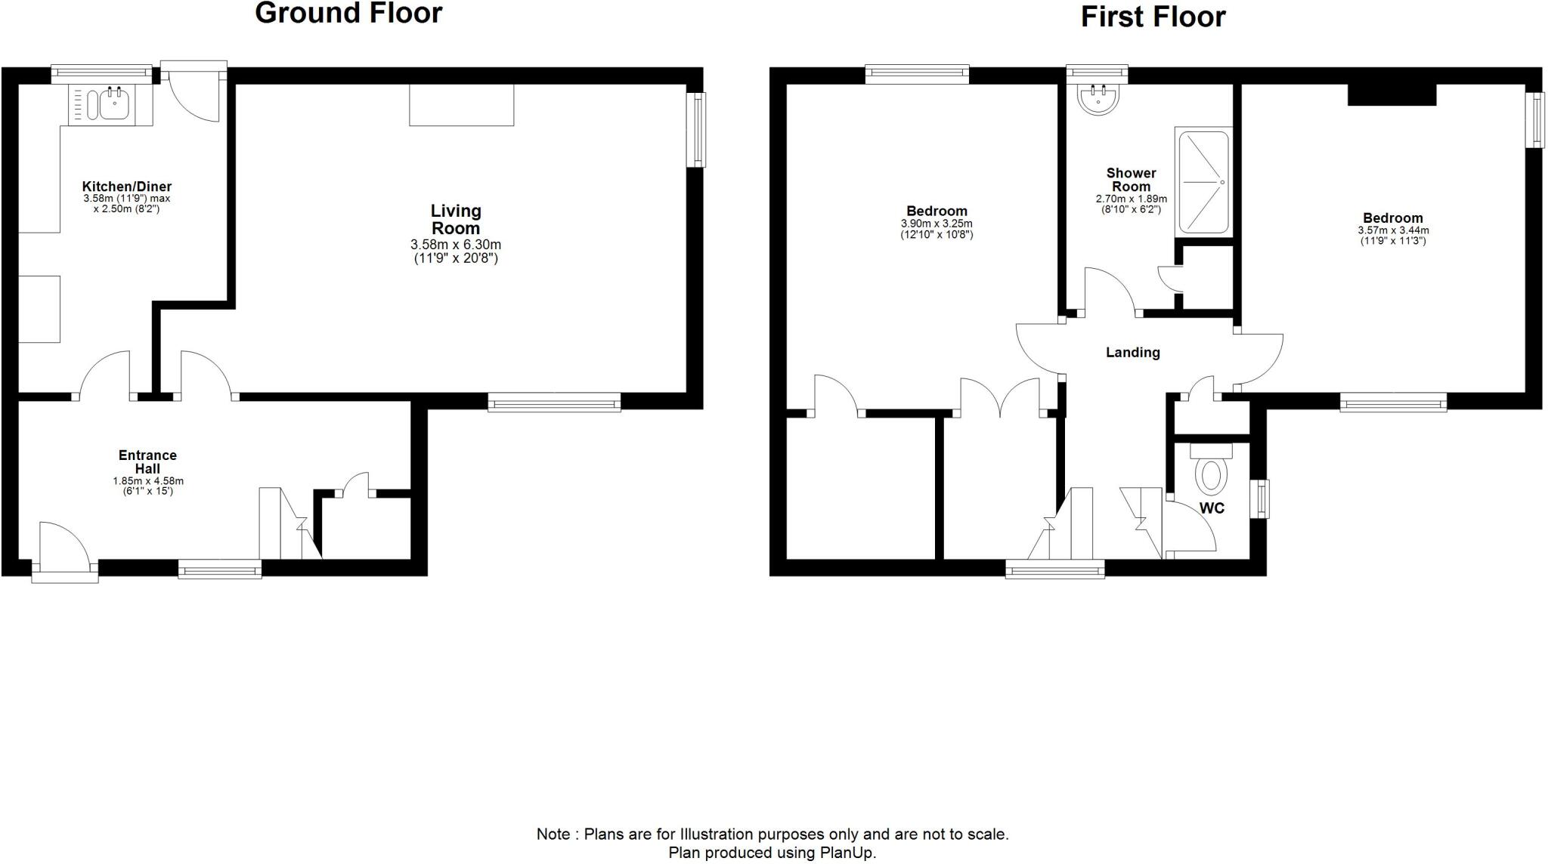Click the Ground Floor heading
click(x=348, y=14)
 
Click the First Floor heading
click(x=1152, y=17)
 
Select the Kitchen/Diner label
click(x=126, y=187)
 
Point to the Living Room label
click(x=456, y=220)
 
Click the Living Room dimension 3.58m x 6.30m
click(x=456, y=245)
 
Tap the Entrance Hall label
click(x=147, y=461)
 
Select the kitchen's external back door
click(x=193, y=94)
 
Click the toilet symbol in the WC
click(x=1211, y=475)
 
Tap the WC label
click(x=1212, y=508)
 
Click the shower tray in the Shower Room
click(x=1203, y=182)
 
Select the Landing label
click(x=1132, y=352)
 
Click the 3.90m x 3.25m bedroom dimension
click(x=937, y=224)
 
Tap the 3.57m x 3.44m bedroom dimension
click(x=1393, y=230)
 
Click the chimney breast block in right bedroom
click(x=1392, y=94)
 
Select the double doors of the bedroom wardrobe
click(x=1000, y=398)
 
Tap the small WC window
click(x=1262, y=499)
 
